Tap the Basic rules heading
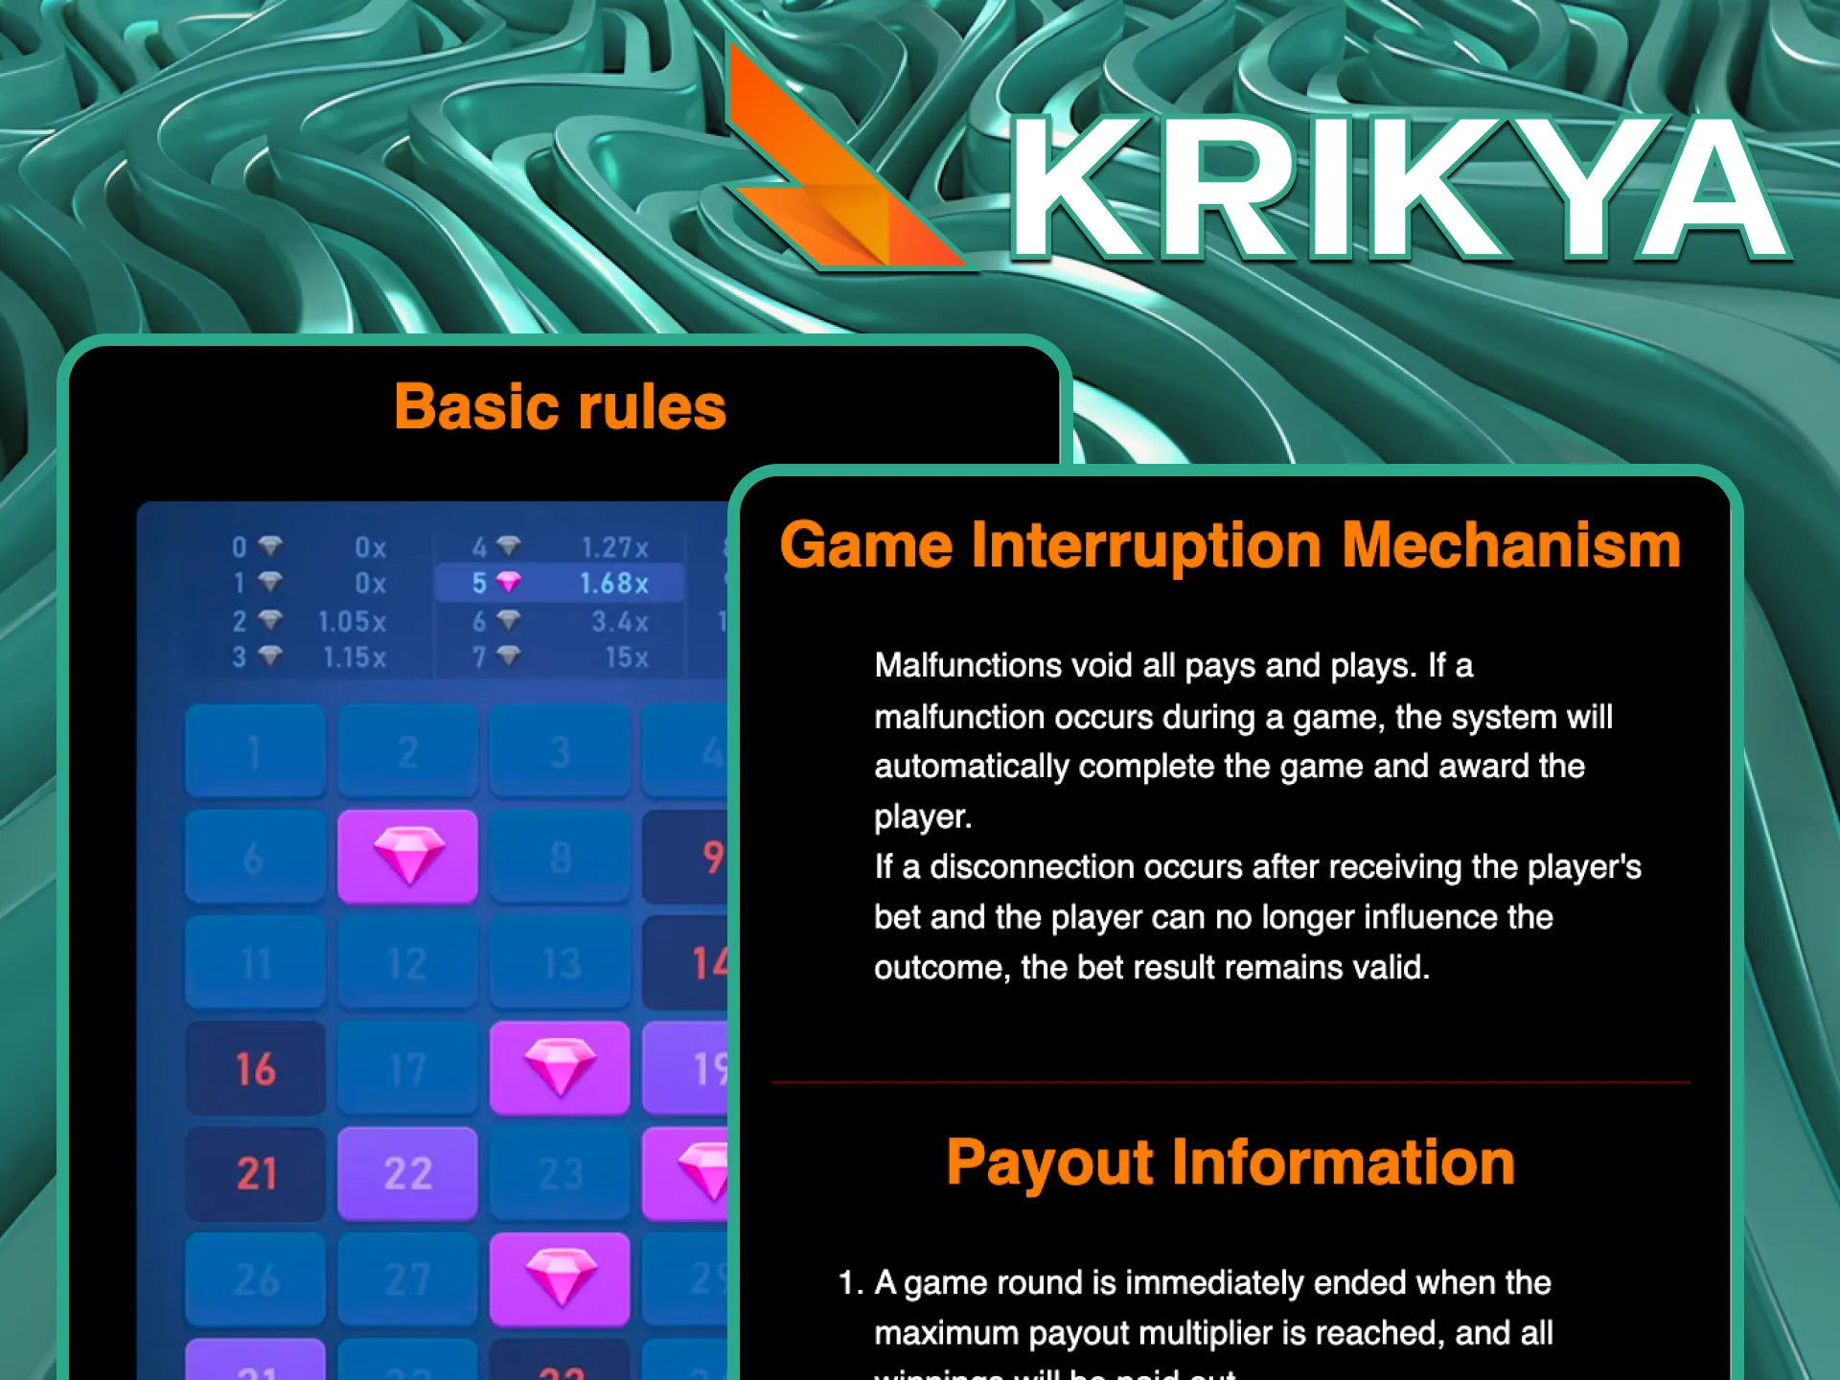[x=561, y=407]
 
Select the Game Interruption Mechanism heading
[x=1230, y=545]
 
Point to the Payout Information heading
[x=1230, y=1162]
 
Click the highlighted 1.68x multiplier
[x=613, y=583]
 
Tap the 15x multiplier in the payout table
[x=627, y=657]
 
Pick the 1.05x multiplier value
[x=352, y=621]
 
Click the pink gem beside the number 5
[x=509, y=582]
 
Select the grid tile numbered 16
[x=255, y=1069]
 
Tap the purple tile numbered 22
[x=407, y=1173]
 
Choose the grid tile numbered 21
[x=255, y=1173]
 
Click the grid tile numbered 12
[x=407, y=963]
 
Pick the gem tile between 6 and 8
[x=407, y=856]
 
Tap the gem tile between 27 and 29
[x=560, y=1278]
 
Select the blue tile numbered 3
[x=560, y=752]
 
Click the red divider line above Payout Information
[x=1230, y=1082]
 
